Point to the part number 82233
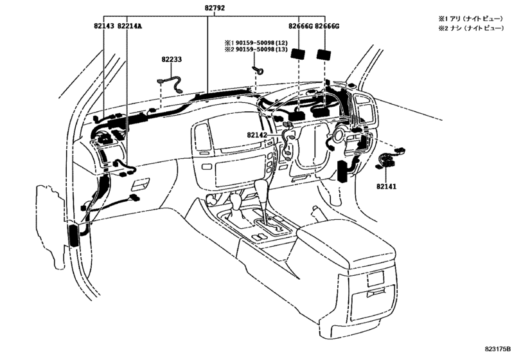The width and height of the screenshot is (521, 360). click(x=172, y=59)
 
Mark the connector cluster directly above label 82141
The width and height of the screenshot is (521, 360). click(x=387, y=159)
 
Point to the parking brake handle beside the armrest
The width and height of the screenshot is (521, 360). click(x=317, y=210)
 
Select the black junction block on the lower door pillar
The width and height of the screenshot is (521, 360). click(x=73, y=235)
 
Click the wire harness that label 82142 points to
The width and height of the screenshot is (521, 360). click(x=286, y=145)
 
